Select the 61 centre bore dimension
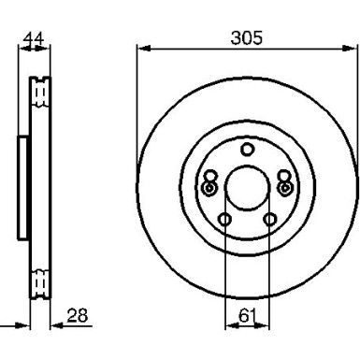[247, 318]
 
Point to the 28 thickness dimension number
[78, 317]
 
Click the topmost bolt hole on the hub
[247, 150]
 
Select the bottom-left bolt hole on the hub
[224, 220]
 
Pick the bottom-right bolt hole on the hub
[270, 220]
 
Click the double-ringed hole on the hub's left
[209, 188]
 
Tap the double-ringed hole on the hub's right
[285, 188]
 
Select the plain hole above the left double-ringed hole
[210, 176]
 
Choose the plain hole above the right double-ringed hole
[284, 176]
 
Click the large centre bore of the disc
[247, 190]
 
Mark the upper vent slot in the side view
[39, 92]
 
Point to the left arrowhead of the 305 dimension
[141, 49]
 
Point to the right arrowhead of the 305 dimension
[353, 49]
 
